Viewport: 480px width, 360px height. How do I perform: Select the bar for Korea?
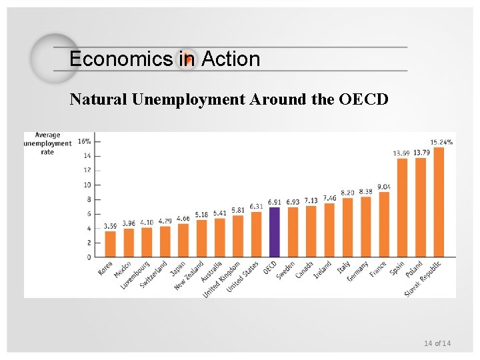coord(110,244)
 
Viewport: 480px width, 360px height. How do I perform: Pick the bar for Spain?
coord(401,207)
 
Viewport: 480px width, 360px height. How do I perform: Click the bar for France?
coord(383,224)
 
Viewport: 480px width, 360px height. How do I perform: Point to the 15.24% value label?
coord(441,142)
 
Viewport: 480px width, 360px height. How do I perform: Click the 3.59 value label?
coord(110,226)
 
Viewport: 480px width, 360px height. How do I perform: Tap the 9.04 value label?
coord(384,187)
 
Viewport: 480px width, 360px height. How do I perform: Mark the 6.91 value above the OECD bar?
coord(274,202)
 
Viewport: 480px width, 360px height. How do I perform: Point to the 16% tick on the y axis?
coord(85,141)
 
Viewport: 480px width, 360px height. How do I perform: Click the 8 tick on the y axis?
coord(88,199)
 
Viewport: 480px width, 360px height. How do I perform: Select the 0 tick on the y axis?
coord(88,257)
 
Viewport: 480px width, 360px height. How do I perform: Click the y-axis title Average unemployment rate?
coord(47,143)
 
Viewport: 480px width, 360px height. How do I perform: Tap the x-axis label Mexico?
coord(123,270)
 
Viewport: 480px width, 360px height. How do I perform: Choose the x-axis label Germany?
coord(357,271)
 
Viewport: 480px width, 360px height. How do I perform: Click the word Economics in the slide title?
coord(121,59)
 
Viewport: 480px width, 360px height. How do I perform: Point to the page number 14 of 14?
coord(437,343)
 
